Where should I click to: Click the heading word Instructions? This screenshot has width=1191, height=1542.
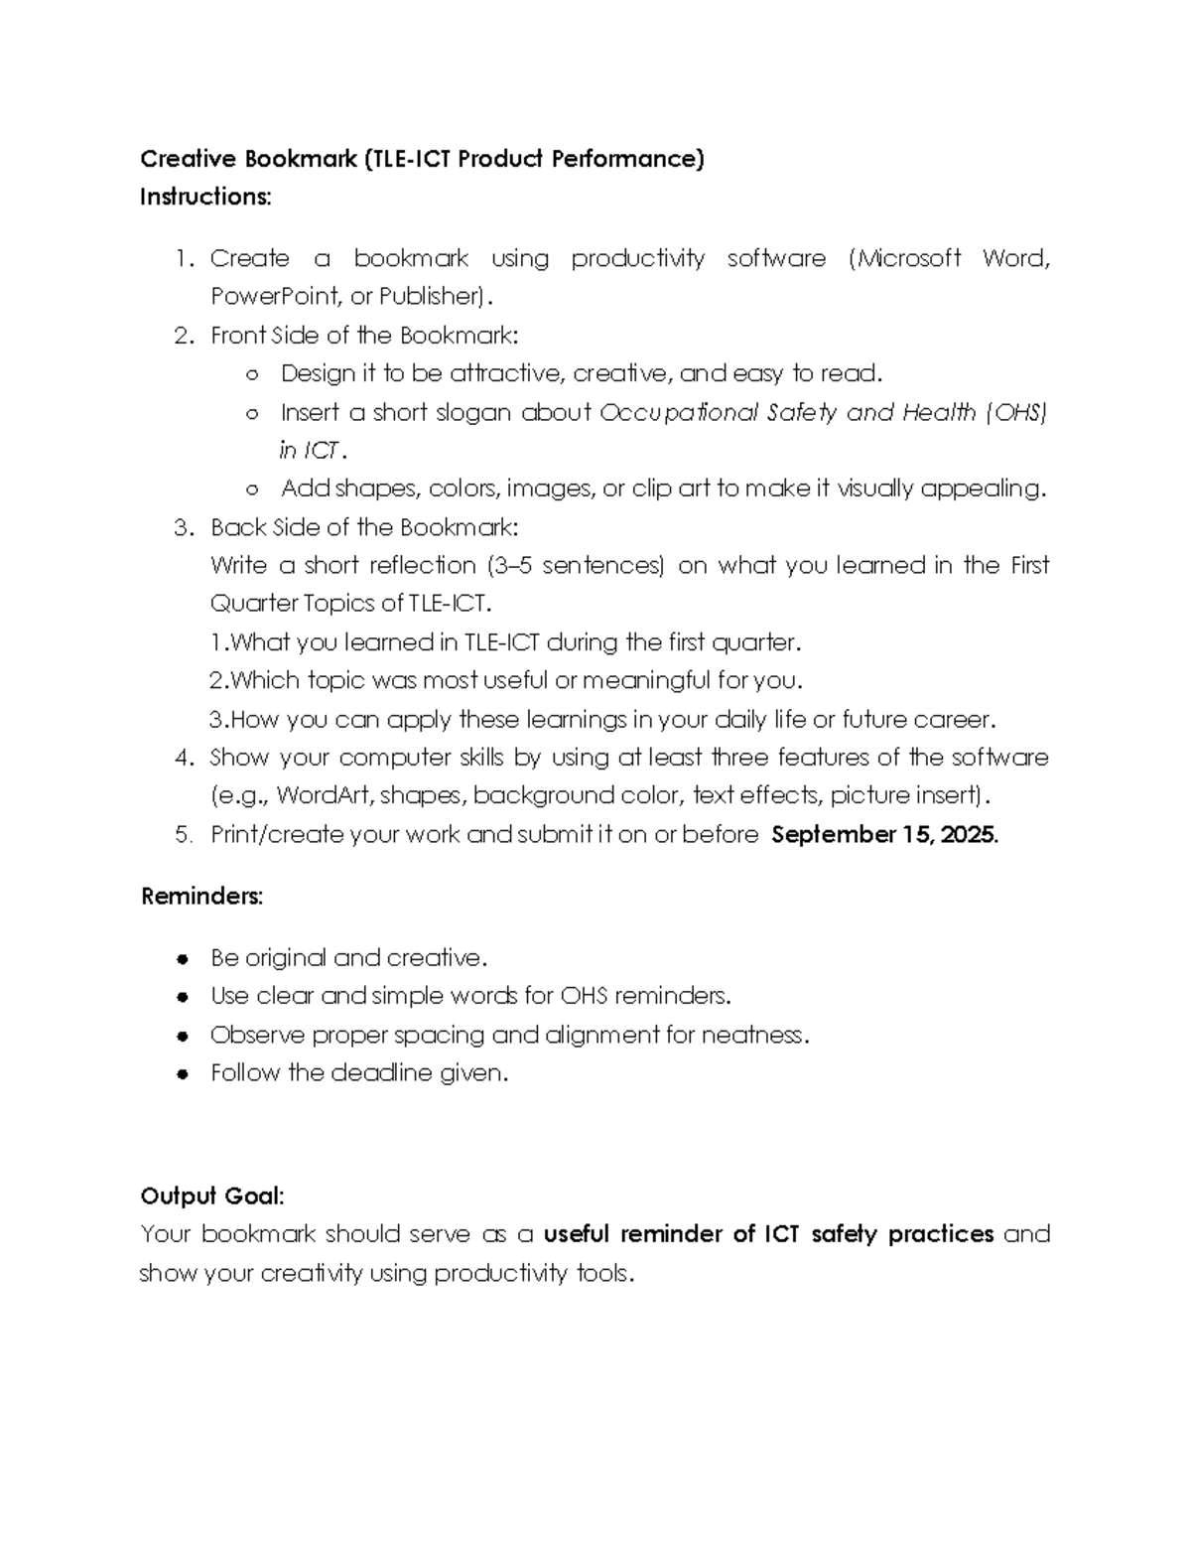204,198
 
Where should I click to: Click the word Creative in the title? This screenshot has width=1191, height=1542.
188,159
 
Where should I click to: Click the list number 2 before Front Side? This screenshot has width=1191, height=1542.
183,336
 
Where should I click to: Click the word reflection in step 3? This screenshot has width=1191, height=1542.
422,566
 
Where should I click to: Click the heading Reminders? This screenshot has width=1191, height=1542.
202,897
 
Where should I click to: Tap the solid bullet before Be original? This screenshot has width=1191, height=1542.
183,959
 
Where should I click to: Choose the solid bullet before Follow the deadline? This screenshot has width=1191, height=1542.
183,1074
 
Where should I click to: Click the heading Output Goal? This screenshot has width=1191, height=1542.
212,1195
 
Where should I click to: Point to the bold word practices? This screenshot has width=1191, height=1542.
941,1234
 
